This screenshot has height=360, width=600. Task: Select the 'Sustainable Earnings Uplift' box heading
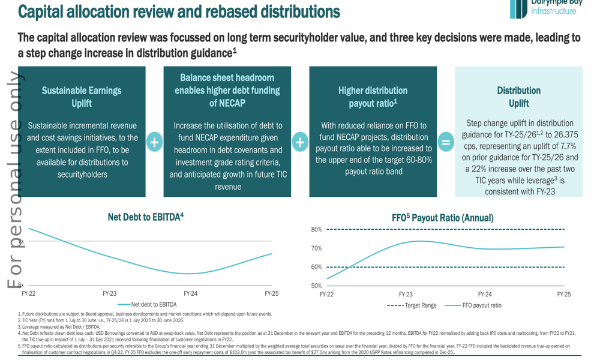(x=81, y=97)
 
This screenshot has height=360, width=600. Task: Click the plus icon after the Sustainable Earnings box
(x=154, y=142)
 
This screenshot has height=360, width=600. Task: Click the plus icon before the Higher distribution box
(x=300, y=142)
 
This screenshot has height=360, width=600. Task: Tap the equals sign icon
(x=446, y=142)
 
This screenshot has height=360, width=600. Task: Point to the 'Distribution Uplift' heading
(x=518, y=97)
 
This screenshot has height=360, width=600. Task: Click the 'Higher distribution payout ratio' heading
(x=373, y=97)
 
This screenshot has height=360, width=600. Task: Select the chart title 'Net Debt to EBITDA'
(x=145, y=217)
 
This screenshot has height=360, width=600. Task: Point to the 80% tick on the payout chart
(x=316, y=230)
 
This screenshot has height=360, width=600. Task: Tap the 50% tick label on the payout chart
(x=316, y=286)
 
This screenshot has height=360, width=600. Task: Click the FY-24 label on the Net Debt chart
(x=190, y=293)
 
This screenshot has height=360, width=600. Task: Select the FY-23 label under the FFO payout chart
(x=406, y=295)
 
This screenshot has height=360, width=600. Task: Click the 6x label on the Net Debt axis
(x=20, y=286)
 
